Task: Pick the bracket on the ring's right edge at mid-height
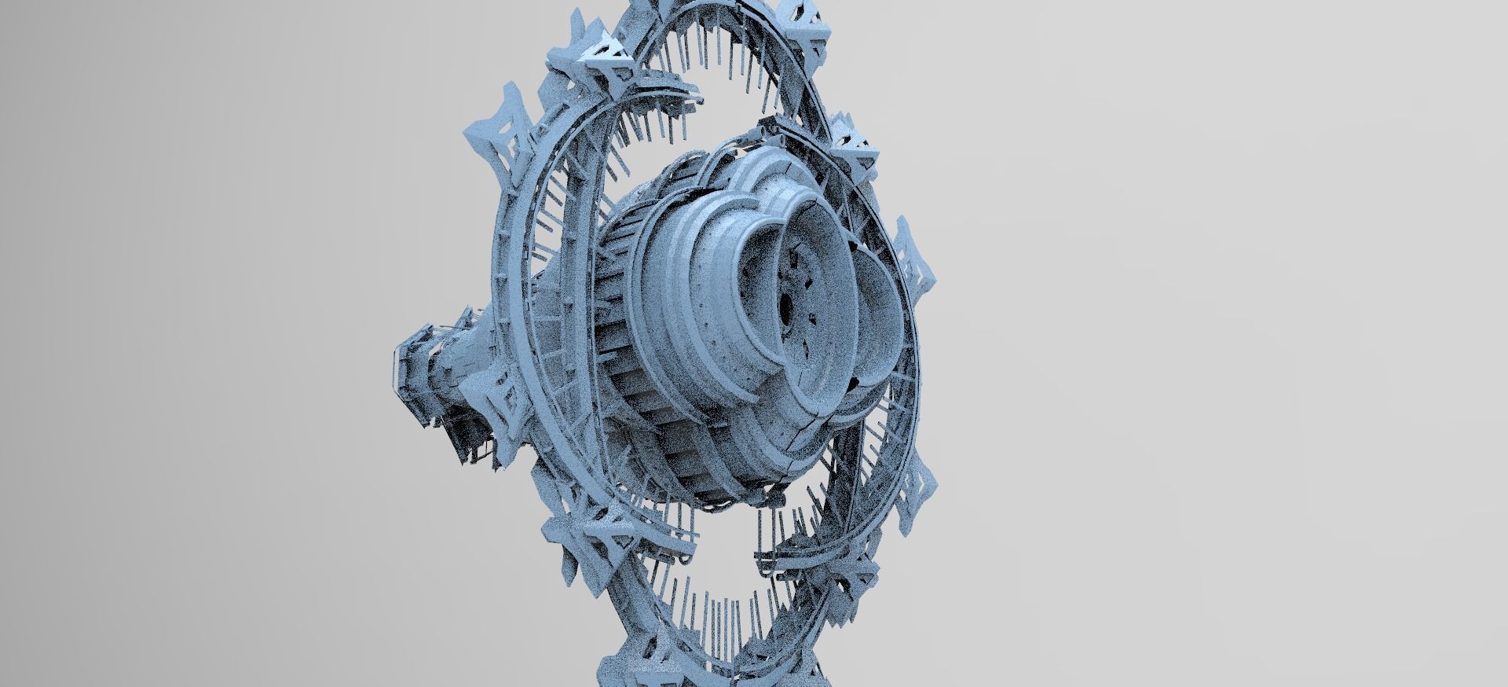pos(915,259)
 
